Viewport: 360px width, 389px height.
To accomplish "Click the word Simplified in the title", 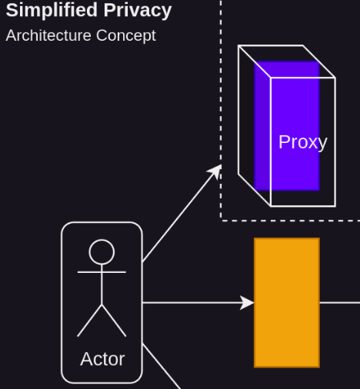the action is (x=52, y=11).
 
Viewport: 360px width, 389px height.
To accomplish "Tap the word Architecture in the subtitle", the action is (x=48, y=35).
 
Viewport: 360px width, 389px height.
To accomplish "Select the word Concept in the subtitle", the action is (x=126, y=36).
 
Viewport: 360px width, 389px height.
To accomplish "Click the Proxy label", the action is (x=303, y=142).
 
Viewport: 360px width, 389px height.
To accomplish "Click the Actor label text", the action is (x=102, y=359).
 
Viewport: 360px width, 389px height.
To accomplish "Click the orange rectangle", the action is (x=287, y=303).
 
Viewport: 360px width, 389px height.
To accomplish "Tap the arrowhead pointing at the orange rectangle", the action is (x=247, y=303).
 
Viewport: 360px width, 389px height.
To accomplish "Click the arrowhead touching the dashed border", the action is (x=215, y=171).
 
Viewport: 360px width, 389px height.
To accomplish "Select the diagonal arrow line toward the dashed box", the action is (x=182, y=213).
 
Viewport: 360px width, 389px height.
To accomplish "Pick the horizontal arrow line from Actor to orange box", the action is (x=198, y=303).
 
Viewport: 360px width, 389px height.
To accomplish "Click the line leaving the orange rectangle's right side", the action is (x=340, y=303).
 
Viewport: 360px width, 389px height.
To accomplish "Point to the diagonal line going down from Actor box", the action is (x=162, y=366).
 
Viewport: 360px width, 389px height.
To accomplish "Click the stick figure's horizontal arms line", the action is (x=102, y=272).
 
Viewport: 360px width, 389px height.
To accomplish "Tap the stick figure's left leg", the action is (x=89, y=321).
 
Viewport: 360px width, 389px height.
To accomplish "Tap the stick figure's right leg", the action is (x=114, y=321).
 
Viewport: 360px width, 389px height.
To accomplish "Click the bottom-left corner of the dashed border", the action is (x=221, y=220).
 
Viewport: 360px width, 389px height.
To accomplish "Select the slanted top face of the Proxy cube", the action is (x=287, y=62).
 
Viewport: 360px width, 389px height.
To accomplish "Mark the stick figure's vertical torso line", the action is (x=102, y=284).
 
